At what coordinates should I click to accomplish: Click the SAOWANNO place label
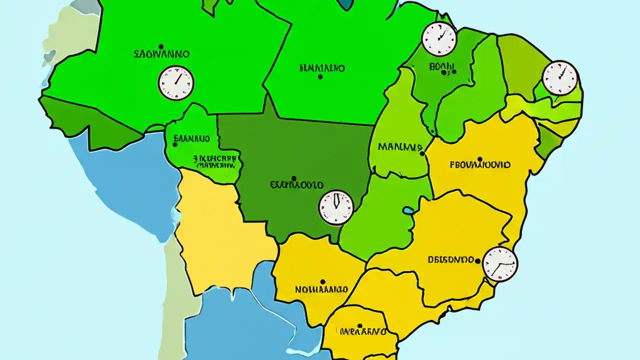(161, 53)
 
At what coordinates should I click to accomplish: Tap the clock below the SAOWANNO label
(176, 83)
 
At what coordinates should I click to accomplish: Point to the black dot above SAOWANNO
(159, 45)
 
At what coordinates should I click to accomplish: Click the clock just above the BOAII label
(439, 38)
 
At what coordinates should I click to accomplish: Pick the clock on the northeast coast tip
(560, 78)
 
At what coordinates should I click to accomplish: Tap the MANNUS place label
(400, 147)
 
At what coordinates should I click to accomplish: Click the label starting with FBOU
(480, 164)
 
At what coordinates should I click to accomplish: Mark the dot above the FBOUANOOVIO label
(479, 159)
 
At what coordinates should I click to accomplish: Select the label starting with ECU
(296, 185)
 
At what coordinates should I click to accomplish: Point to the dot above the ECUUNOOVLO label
(293, 178)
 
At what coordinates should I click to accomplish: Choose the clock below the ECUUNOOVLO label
(336, 207)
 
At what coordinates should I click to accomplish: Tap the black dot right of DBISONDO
(478, 260)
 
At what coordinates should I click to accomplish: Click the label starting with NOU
(321, 289)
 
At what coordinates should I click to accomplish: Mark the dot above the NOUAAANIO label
(322, 282)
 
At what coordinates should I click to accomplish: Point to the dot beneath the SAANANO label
(175, 144)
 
